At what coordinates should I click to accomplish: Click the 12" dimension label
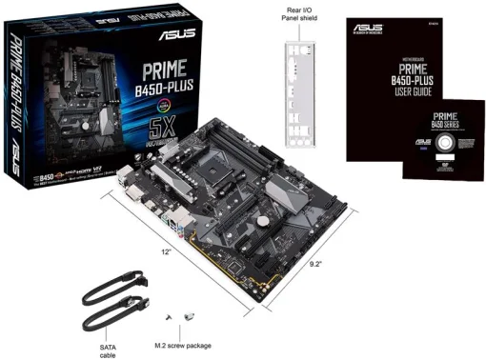click(167, 251)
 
